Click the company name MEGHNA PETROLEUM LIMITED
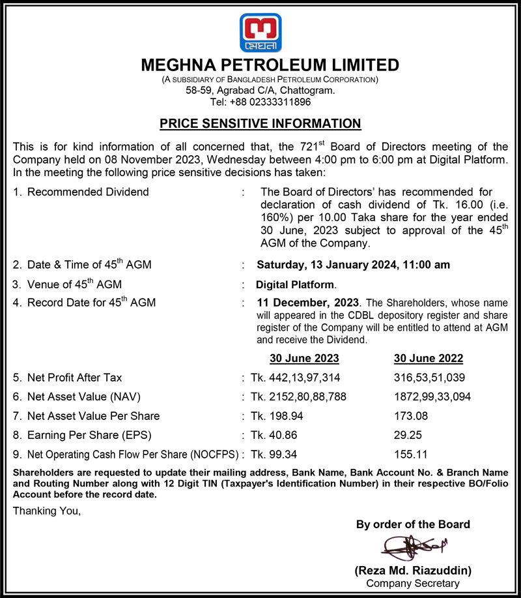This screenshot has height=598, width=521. tap(270, 65)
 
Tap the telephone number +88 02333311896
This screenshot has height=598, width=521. tap(260, 102)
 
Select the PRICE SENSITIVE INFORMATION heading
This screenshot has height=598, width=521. tap(260, 123)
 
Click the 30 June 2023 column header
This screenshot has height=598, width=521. tap(304, 359)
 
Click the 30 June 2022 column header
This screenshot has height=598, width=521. tap(429, 359)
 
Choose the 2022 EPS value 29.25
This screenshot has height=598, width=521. tap(408, 434)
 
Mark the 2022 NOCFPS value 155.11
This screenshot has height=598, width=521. tap(410, 453)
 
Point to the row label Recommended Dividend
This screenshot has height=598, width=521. tap(88, 192)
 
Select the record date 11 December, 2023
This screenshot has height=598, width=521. tap(307, 303)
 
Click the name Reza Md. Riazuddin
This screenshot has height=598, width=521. tap(413, 571)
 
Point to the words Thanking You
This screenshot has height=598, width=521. tap(48, 511)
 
